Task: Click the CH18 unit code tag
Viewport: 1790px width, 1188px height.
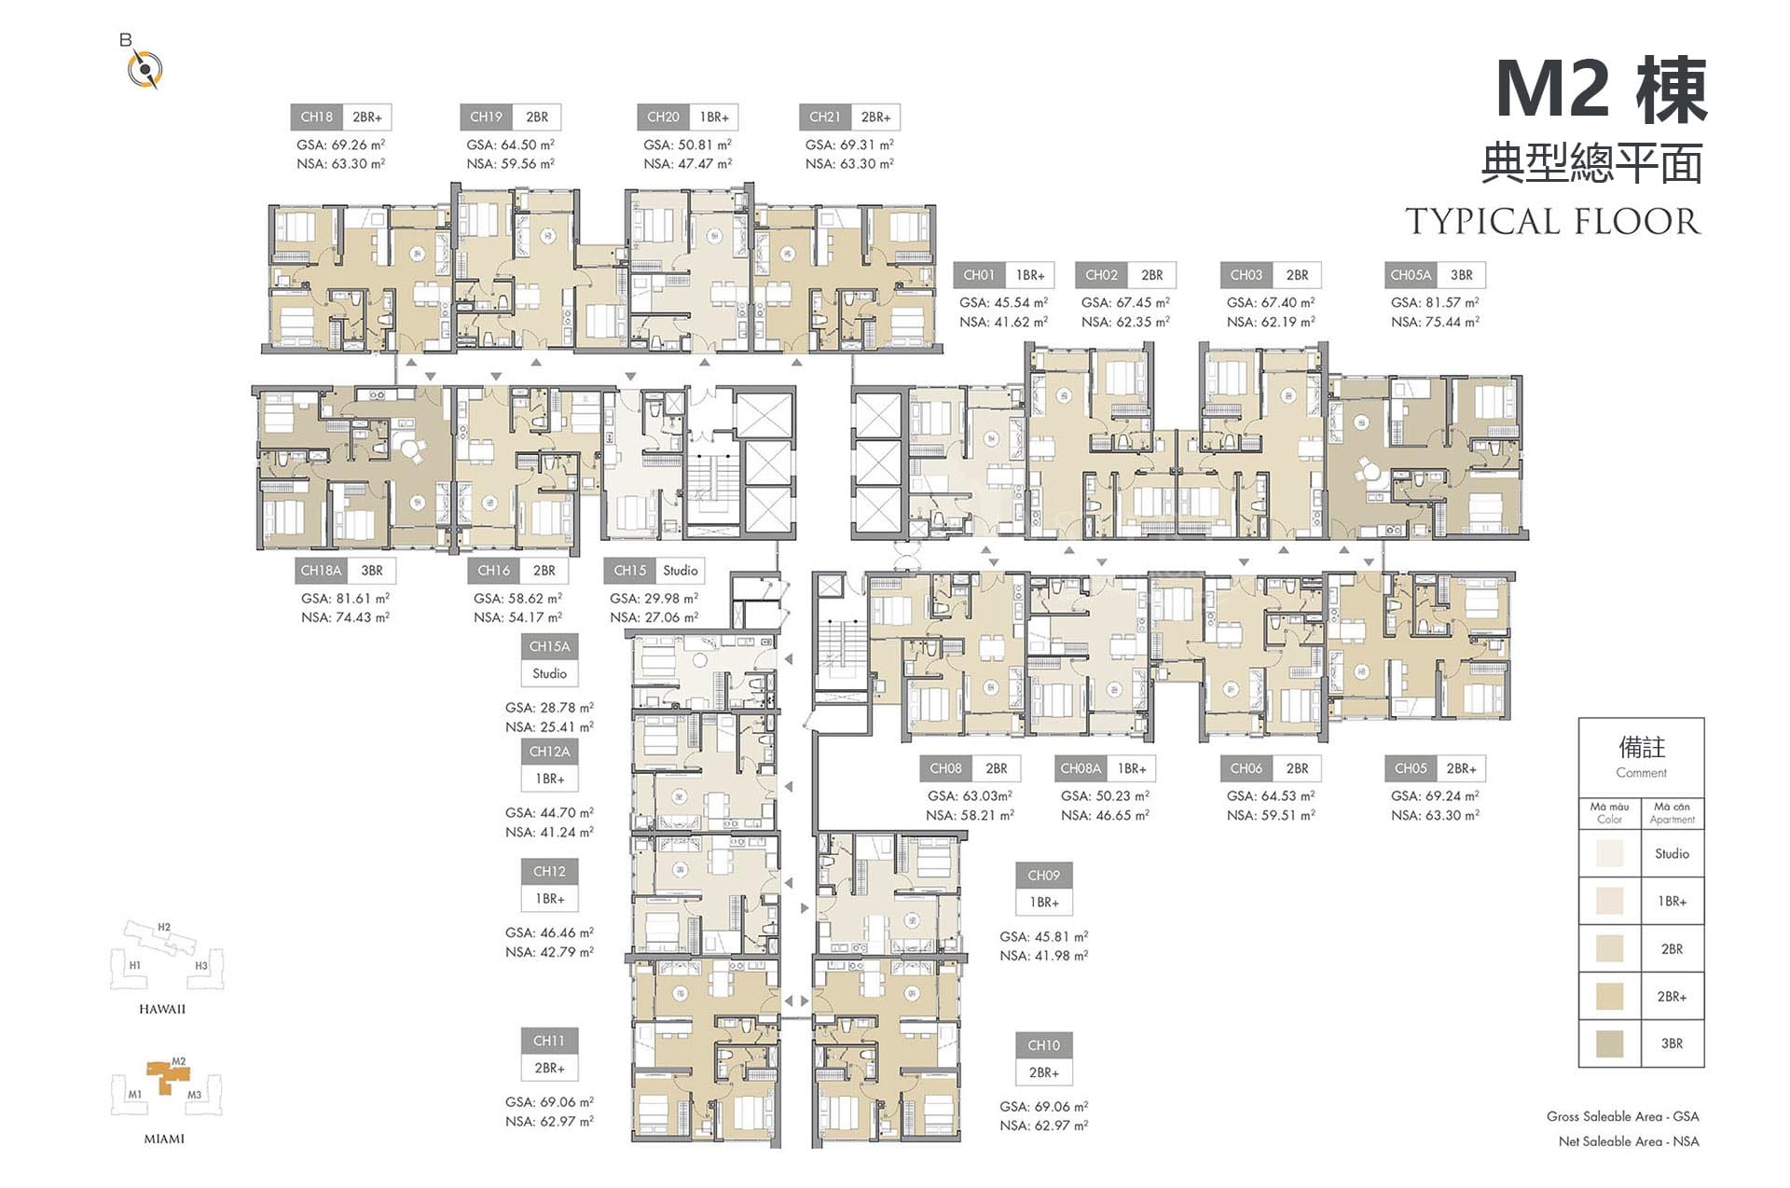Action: click(317, 117)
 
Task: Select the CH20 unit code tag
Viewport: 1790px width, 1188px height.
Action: click(663, 117)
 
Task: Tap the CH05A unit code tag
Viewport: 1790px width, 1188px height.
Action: click(1410, 275)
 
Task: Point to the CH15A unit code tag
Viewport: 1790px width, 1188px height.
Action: click(549, 646)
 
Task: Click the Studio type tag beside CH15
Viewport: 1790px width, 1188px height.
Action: click(681, 571)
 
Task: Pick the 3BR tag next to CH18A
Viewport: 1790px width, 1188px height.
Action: click(372, 571)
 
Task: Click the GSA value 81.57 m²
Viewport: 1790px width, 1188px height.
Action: click(1435, 302)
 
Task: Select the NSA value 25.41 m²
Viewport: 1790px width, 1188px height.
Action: click(549, 726)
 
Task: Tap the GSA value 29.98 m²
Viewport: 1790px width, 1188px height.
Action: click(654, 598)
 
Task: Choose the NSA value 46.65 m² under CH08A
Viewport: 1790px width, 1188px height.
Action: click(1105, 815)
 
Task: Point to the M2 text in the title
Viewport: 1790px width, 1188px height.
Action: click(1553, 90)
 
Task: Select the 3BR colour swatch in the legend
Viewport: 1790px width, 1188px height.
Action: click(1609, 1043)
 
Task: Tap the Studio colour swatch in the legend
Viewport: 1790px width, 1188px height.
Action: click(1609, 853)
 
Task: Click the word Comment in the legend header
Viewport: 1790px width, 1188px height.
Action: click(1641, 773)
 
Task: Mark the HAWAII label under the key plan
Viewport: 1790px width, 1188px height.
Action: click(162, 1009)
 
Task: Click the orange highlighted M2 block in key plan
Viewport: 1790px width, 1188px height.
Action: click(168, 1075)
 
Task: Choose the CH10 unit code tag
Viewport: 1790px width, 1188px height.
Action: click(1044, 1045)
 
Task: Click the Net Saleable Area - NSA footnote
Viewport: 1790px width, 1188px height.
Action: click(1629, 1141)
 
